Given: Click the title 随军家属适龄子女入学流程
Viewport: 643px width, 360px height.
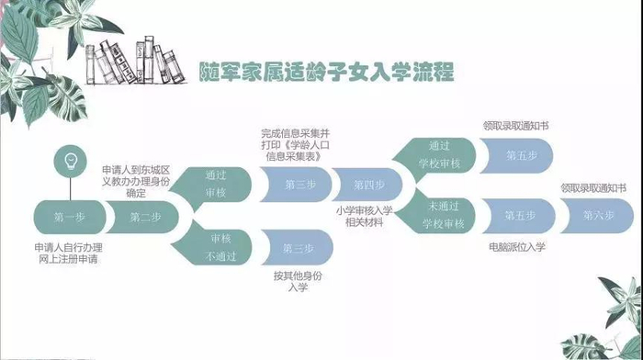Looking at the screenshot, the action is pyautogui.click(x=326, y=72).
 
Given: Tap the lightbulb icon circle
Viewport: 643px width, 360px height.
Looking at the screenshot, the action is pyautogui.click(x=71, y=162).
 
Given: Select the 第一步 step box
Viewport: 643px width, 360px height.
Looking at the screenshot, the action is pyautogui.click(x=69, y=217).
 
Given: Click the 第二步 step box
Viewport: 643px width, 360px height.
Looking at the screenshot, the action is pyautogui.click(x=143, y=217).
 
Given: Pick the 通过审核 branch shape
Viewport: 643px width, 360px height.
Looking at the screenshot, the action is pyautogui.click(x=213, y=184).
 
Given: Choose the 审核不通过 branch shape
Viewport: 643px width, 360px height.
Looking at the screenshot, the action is pyautogui.click(x=214, y=247).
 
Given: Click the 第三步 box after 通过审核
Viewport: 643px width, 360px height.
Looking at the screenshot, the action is pyautogui.click(x=296, y=185).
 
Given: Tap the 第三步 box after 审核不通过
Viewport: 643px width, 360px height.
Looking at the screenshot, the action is pyautogui.click(x=298, y=248).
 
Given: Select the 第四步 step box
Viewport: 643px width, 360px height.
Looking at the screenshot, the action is pyautogui.click(x=367, y=185).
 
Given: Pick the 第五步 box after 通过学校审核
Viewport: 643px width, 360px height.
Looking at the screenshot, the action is pyautogui.click(x=516, y=155).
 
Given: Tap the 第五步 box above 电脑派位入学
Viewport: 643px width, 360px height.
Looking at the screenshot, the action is pyautogui.click(x=519, y=216).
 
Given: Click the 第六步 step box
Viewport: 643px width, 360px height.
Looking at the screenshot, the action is pyautogui.click(x=597, y=216).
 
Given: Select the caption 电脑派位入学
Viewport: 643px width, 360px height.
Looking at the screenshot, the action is pyautogui.click(x=517, y=247).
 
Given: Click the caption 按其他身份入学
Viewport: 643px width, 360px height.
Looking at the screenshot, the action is pyautogui.click(x=298, y=281).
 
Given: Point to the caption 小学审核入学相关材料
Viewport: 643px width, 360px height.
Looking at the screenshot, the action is pyautogui.click(x=364, y=217).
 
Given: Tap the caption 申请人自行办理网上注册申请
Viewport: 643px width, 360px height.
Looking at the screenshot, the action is pyautogui.click(x=69, y=253).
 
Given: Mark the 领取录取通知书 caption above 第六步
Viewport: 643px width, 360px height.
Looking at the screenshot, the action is pyautogui.click(x=593, y=188).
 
